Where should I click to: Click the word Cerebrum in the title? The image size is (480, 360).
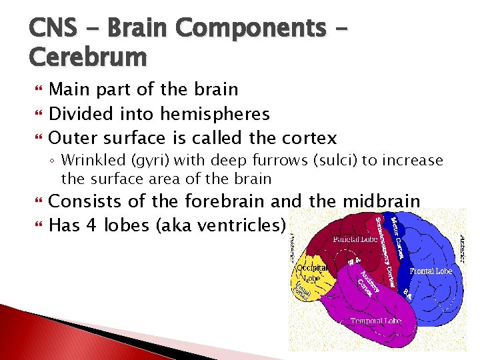pos(87,57)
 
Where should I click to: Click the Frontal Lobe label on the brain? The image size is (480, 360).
pos(430,271)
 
